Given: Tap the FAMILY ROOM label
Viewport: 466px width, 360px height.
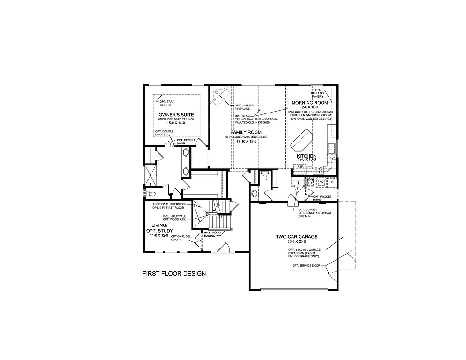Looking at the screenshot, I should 246,132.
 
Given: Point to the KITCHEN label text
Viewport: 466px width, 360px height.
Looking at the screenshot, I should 307,155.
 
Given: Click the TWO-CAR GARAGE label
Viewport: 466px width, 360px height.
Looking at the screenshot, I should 293,237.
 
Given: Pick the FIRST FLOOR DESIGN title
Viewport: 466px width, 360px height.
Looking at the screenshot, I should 174,274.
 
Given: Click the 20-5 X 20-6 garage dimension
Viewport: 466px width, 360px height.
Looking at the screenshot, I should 293,242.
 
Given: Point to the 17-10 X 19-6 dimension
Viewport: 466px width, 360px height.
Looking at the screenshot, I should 246,141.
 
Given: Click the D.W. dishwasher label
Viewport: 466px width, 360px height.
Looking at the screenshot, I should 331,158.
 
